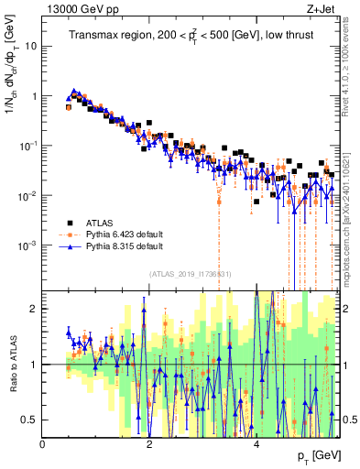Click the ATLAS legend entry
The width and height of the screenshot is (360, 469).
pyautogui.click(x=104, y=222)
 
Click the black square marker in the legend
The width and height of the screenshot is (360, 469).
pyautogui.click(x=70, y=222)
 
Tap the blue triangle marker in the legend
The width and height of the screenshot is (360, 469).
pyautogui.click(x=70, y=246)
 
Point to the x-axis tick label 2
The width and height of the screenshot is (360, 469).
pyautogui.click(x=150, y=444)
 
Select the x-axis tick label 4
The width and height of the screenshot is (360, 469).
pyautogui.click(x=257, y=444)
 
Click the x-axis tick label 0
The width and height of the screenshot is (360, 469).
pyautogui.click(x=43, y=444)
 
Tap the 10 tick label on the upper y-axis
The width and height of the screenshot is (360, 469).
pyautogui.click(x=31, y=46)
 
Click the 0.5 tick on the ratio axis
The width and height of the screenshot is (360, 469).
pyautogui.click(x=29, y=420)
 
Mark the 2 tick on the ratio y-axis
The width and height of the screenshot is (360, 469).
pyautogui.click(x=34, y=309)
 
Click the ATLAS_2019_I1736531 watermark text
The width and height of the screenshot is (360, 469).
pyautogui.click(x=190, y=274)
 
